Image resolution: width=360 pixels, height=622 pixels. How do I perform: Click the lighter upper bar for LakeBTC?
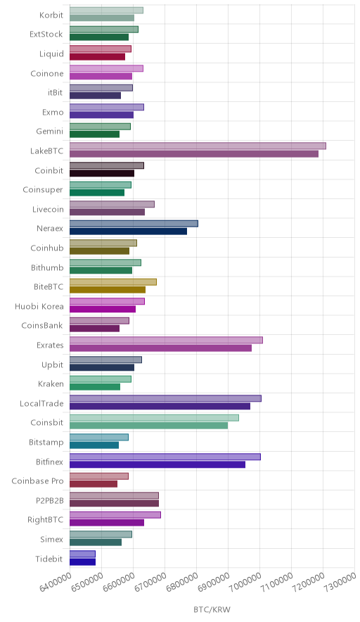(x=198, y=146)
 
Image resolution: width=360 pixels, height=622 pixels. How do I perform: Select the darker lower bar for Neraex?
(x=129, y=231)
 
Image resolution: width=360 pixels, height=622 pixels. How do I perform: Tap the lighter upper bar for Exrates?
(x=166, y=340)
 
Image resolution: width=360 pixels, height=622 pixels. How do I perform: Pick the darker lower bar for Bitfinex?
(x=157, y=464)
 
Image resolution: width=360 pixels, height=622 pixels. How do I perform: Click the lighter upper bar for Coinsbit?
(x=154, y=418)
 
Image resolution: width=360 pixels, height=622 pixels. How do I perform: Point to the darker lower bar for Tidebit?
(x=82, y=561)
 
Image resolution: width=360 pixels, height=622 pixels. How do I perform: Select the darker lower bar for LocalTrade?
(x=160, y=406)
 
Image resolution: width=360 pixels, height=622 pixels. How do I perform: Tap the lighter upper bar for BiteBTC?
(x=113, y=281)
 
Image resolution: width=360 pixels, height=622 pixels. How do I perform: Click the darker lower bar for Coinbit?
(x=102, y=173)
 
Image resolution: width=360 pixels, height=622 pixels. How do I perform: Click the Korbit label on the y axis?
(x=51, y=15)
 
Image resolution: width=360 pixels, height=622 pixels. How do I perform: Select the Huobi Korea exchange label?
(x=39, y=306)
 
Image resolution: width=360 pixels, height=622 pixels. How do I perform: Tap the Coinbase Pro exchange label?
(x=37, y=481)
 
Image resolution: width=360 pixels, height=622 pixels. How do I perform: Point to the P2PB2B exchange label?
(x=49, y=500)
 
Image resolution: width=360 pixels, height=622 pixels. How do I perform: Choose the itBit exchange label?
(x=55, y=92)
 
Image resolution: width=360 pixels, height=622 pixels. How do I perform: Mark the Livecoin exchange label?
(x=48, y=209)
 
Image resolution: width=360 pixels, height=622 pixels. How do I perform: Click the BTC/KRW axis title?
(x=212, y=610)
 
